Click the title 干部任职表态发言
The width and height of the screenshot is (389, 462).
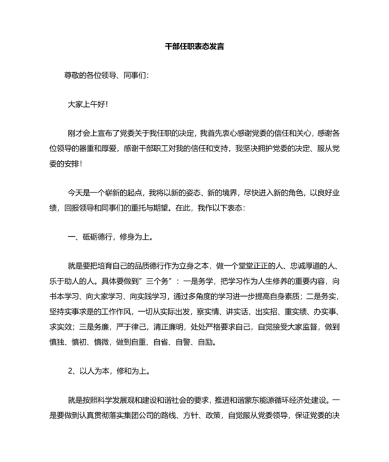[x=194, y=47]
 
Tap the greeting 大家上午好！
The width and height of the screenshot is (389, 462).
[x=88, y=104]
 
